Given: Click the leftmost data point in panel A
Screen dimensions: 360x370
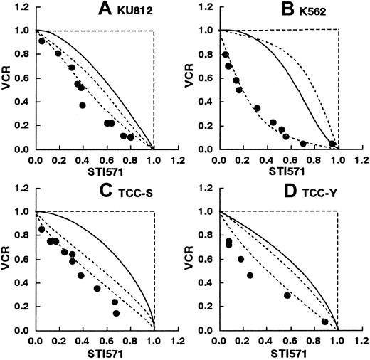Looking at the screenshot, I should (42, 41).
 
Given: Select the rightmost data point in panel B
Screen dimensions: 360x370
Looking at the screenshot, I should (332, 144).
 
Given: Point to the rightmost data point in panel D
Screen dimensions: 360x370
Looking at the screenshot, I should (324, 322).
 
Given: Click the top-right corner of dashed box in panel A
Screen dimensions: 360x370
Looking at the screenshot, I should (154, 30).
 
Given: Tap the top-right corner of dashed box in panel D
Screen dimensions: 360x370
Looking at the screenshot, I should (338, 211).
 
